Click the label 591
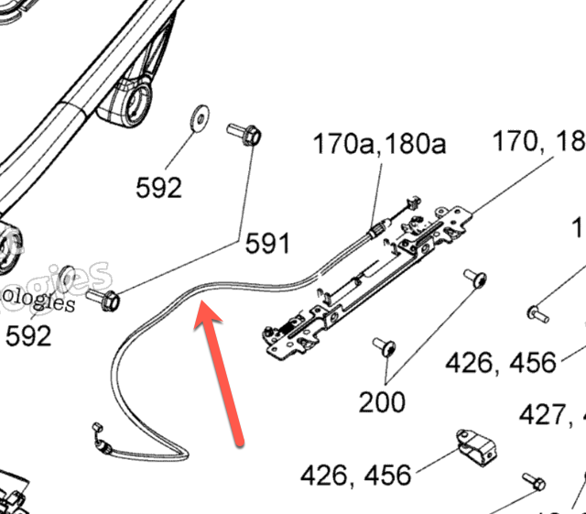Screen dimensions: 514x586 [267, 244]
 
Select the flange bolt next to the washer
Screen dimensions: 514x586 [244, 135]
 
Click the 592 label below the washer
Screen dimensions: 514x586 [159, 188]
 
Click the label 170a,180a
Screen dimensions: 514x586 [379, 144]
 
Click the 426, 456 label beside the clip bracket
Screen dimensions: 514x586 [355, 475]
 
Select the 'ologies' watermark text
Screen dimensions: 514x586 [38, 301]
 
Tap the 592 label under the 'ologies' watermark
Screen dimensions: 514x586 [29, 336]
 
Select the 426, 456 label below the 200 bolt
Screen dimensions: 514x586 [500, 363]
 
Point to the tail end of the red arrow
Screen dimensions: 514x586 [240, 444]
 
